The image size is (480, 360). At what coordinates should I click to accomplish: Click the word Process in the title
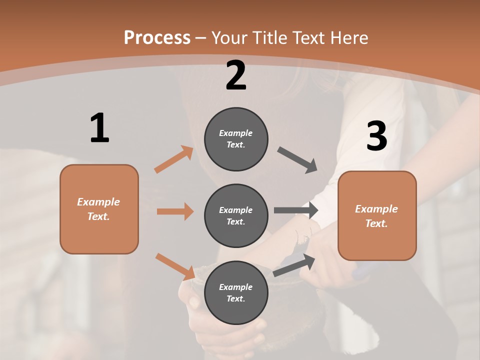click(x=157, y=38)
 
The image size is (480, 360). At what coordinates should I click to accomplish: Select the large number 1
click(x=99, y=128)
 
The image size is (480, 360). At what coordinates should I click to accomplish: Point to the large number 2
click(x=236, y=75)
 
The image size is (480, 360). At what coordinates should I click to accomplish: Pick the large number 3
click(x=376, y=136)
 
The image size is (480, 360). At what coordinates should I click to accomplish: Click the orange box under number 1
click(x=99, y=209)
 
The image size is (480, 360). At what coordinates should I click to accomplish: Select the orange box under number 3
click(x=377, y=216)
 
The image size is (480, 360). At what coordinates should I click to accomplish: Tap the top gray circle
click(x=236, y=139)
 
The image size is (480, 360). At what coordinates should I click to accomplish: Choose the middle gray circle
click(x=236, y=215)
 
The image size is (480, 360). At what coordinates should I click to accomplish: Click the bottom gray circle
click(x=236, y=292)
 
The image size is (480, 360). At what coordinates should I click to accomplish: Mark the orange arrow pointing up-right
click(x=174, y=159)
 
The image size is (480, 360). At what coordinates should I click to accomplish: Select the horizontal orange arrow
click(x=175, y=211)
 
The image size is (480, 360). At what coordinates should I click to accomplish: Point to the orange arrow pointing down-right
click(x=175, y=266)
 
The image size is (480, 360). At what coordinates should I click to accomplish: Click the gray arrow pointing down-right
click(x=297, y=160)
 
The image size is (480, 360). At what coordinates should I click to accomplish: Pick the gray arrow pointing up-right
click(x=294, y=265)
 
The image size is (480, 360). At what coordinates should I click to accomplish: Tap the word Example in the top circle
click(x=236, y=133)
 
